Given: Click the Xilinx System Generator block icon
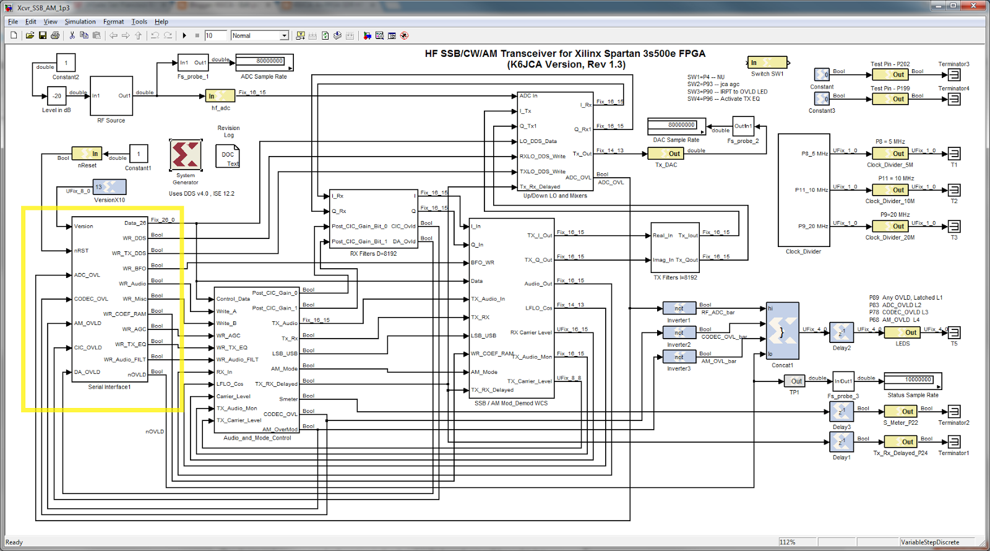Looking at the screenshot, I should [x=186, y=155].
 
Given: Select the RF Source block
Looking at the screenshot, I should [x=111, y=96].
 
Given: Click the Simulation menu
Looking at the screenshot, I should [x=80, y=22].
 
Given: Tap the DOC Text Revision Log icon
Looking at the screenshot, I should [x=228, y=157].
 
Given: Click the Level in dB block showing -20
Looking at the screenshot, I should [x=57, y=96].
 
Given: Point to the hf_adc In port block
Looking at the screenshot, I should [x=220, y=96].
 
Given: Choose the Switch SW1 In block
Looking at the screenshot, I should [x=768, y=63].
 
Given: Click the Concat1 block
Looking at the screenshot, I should [x=782, y=331].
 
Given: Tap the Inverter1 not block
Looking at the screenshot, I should [x=679, y=308].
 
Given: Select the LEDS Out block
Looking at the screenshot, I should [x=903, y=332].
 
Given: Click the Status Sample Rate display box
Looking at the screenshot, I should [x=913, y=381].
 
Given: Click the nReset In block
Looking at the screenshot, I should [x=87, y=154].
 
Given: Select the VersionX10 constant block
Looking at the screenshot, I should [x=110, y=187].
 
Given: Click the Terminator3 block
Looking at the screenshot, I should [x=953, y=75].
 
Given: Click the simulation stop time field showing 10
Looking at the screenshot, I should [x=215, y=36].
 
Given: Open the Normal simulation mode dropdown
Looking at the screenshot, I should [x=260, y=36].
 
